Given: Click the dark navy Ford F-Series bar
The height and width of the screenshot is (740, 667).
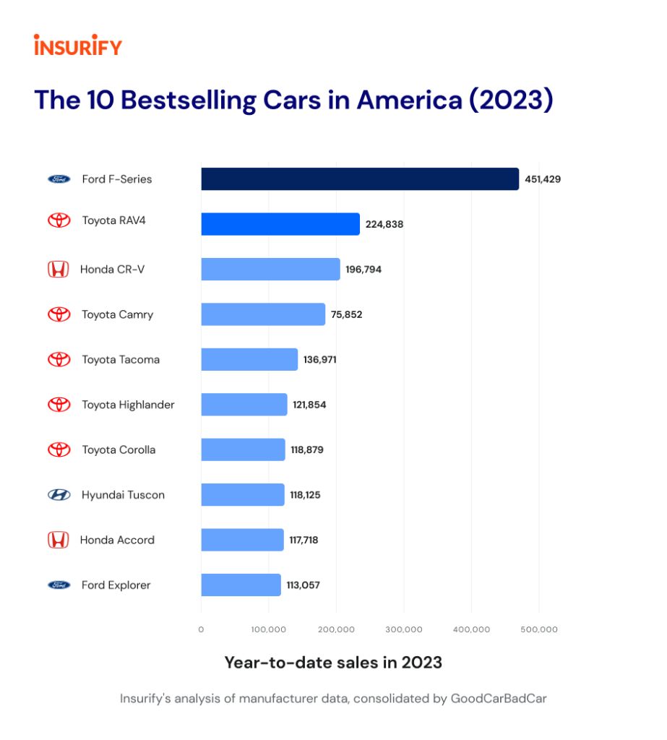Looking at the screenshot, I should (x=359, y=179).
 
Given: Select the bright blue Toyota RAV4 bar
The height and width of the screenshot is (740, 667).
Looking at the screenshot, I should (x=280, y=224).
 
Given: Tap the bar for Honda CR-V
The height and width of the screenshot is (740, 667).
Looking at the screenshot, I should (x=270, y=269).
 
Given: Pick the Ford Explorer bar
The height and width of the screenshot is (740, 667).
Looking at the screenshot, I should (x=241, y=585).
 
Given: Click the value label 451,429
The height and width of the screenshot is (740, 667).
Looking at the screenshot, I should (x=543, y=179).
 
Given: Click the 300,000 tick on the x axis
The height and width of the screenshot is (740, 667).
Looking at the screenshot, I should (x=403, y=629).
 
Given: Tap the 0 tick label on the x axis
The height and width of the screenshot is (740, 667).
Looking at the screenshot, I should (x=201, y=629).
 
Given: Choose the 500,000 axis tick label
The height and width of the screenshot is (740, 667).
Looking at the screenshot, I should (x=538, y=629).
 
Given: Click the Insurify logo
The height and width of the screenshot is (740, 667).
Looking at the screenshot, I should (x=78, y=46).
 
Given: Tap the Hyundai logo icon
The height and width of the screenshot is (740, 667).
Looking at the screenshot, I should (x=59, y=495).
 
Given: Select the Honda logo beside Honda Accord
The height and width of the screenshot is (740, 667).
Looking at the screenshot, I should (x=58, y=540).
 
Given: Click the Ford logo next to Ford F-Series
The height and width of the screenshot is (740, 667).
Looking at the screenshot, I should (x=59, y=179).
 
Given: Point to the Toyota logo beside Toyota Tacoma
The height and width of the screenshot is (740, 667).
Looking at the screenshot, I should (x=59, y=359).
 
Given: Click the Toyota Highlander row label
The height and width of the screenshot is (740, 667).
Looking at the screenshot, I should (x=128, y=405).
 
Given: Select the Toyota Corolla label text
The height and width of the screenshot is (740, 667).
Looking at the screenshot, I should (x=119, y=449).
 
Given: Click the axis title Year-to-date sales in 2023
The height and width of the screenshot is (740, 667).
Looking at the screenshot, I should (x=332, y=662).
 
